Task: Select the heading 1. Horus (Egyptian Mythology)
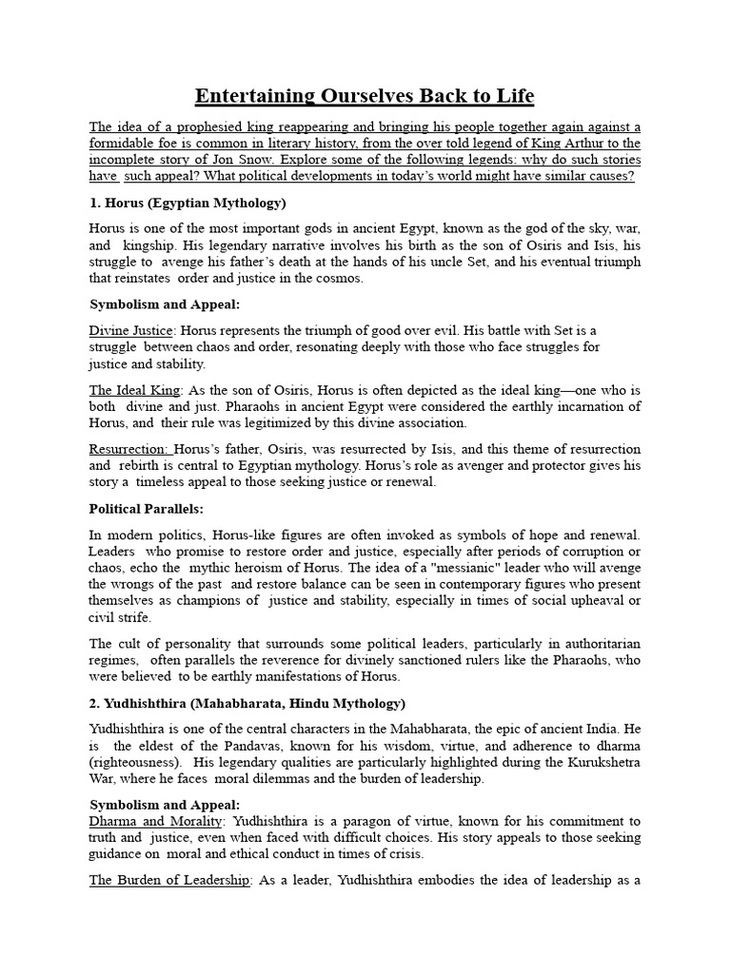[188, 204]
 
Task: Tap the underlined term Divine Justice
[131, 331]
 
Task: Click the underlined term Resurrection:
[129, 449]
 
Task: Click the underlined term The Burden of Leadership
[168, 881]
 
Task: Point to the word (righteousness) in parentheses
[135, 763]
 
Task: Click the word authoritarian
[597, 644]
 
